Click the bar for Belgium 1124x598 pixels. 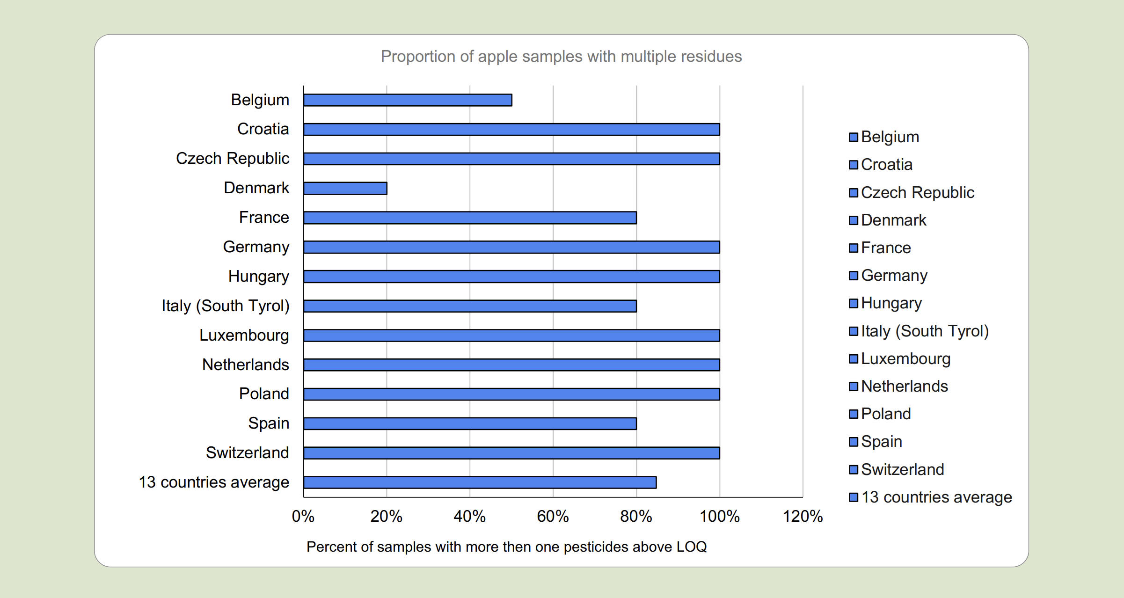click(x=407, y=100)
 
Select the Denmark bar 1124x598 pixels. click(x=345, y=188)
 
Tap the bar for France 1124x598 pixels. click(x=470, y=218)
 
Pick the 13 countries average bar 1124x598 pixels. click(x=480, y=482)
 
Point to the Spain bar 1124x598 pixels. click(x=470, y=423)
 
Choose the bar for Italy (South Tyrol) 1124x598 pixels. click(x=470, y=306)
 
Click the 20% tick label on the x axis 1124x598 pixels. click(x=386, y=517)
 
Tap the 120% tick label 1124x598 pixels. click(x=803, y=517)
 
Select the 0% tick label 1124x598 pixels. click(x=303, y=517)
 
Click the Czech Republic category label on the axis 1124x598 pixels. click(x=233, y=159)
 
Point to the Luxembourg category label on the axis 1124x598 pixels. click(x=244, y=335)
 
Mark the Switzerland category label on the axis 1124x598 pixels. click(x=247, y=453)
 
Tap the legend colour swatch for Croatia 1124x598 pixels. click(x=854, y=165)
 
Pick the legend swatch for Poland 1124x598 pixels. click(x=854, y=414)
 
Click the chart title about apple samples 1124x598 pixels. click(x=561, y=57)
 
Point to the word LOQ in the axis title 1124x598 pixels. click(x=691, y=547)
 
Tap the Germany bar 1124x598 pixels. click(x=511, y=247)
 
